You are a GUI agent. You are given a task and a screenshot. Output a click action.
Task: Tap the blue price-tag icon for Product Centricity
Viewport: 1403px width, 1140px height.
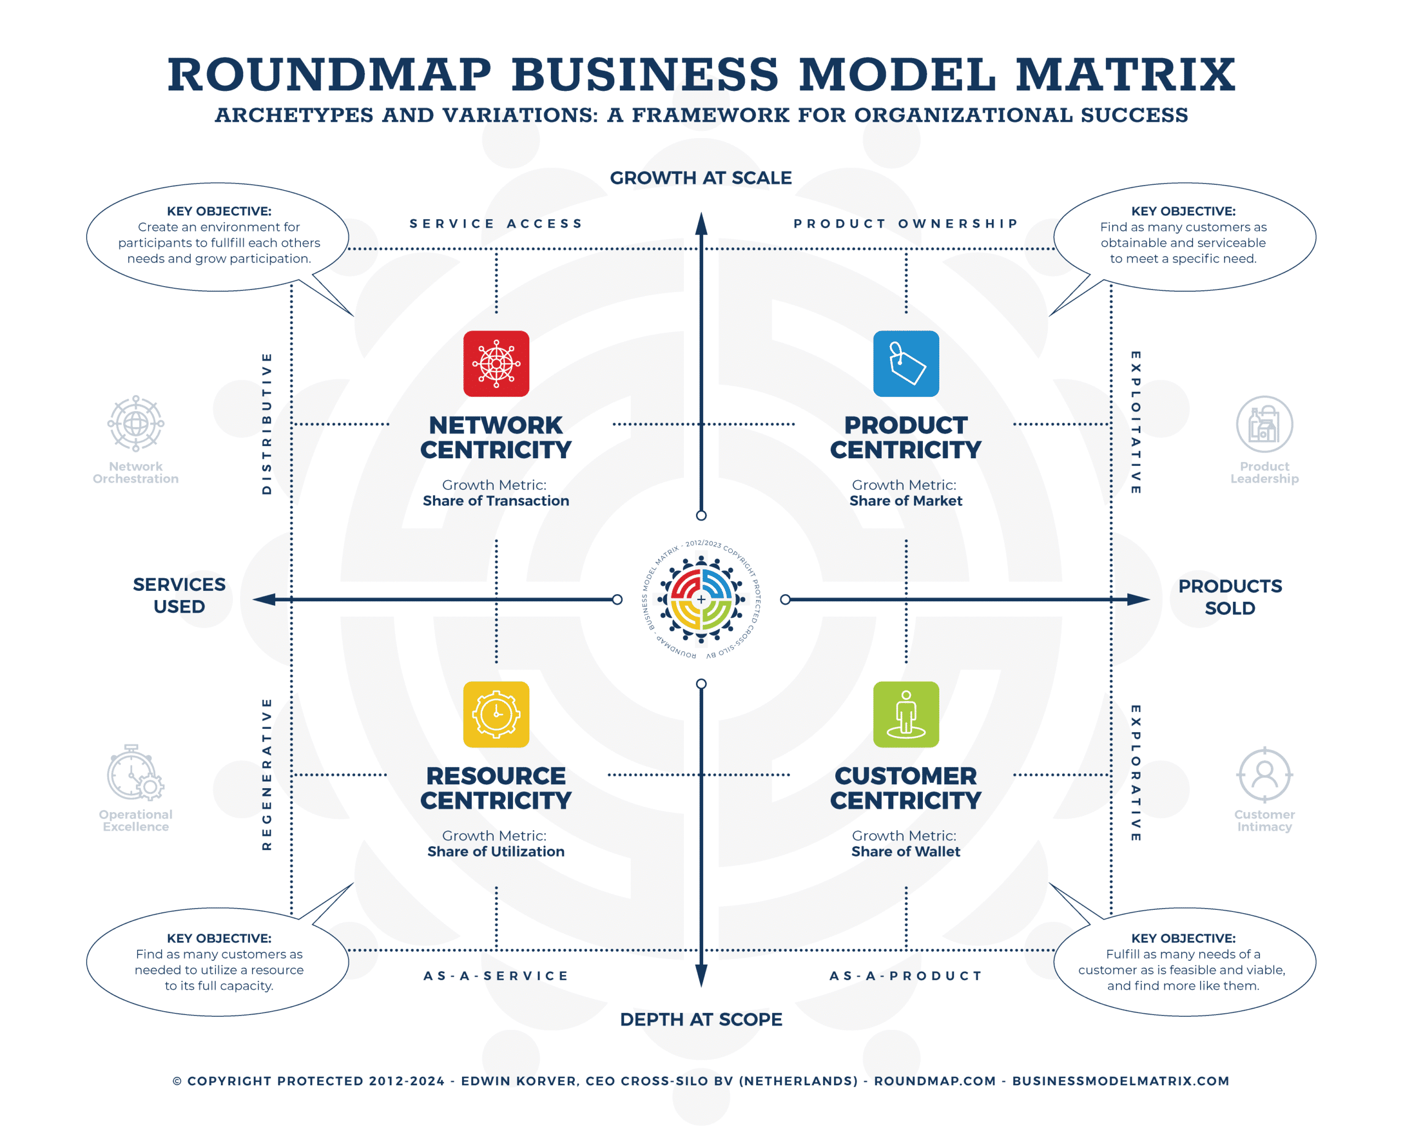tap(905, 363)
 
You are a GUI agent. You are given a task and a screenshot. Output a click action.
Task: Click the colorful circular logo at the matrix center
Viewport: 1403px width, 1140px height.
tap(701, 599)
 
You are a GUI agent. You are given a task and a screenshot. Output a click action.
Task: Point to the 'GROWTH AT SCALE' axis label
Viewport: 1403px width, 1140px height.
tap(700, 178)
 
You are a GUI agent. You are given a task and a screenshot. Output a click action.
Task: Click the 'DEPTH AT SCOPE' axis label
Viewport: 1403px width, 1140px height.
tap(700, 1019)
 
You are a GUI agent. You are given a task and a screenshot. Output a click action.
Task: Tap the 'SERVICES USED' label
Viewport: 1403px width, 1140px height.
tap(179, 595)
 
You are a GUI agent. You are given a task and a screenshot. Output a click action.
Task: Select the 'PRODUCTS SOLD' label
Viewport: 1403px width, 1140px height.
tap(1230, 596)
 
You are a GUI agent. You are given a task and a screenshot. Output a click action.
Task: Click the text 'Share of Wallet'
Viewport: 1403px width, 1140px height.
tap(905, 851)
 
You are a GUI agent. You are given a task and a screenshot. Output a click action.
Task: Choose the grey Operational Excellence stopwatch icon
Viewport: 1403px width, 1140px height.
tap(135, 772)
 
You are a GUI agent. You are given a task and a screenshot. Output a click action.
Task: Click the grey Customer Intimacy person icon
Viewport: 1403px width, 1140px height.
tap(1264, 774)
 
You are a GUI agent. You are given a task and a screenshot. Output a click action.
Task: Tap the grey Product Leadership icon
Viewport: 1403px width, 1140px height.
tap(1264, 424)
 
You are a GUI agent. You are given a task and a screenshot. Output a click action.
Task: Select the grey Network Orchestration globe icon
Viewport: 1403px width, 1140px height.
tap(135, 423)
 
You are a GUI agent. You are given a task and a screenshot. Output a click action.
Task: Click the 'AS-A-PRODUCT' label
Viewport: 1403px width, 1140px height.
tap(905, 976)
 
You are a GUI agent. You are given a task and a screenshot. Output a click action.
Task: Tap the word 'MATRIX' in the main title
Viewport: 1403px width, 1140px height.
tap(1125, 74)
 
